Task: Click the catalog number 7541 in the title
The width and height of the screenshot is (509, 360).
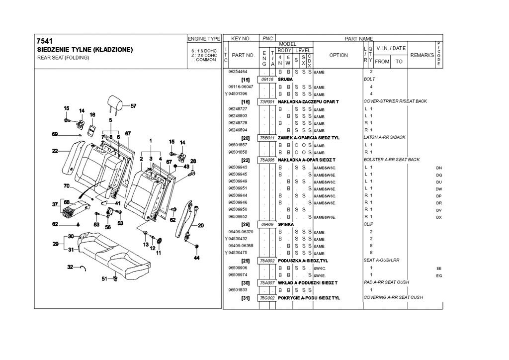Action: pos(45,41)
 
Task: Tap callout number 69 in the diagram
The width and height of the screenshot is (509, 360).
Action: pos(55,134)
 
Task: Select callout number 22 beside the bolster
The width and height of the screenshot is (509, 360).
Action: pos(55,151)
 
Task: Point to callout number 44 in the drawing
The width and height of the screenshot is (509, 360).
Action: pos(196,258)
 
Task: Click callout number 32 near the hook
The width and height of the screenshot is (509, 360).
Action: pos(70,268)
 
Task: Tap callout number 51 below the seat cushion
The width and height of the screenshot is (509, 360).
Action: pos(104,279)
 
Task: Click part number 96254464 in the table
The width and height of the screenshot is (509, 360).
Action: pos(238,72)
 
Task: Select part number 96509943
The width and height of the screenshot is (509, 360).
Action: pos(238,168)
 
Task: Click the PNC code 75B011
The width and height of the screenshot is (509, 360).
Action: pos(267,137)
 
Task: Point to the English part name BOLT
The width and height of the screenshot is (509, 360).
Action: pos(369,79)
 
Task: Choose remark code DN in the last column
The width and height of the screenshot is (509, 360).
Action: pos(439,168)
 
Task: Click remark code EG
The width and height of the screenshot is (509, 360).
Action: pos(439,275)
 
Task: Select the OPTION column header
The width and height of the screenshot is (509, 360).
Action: pos(339,55)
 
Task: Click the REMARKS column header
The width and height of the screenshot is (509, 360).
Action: pos(422,55)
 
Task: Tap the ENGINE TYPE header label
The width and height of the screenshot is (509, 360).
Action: pos(204,39)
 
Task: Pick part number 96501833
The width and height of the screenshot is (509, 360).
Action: pos(238,289)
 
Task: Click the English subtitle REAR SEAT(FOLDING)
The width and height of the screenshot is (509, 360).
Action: pos(63,58)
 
